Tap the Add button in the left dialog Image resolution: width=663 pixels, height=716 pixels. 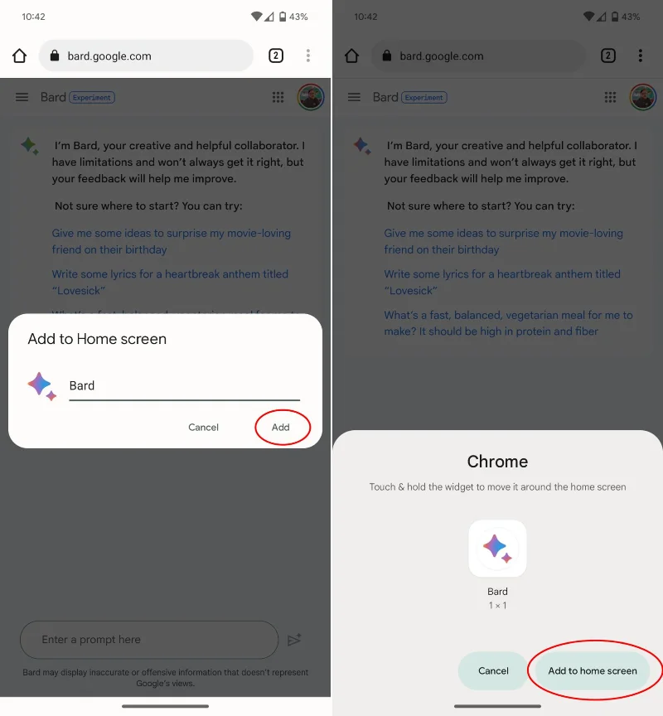click(280, 427)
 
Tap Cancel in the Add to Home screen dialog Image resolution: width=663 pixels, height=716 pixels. click(203, 427)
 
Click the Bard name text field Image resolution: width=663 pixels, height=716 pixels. click(185, 386)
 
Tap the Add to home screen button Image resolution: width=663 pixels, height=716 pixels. click(593, 670)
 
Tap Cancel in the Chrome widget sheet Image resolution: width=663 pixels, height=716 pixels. click(493, 670)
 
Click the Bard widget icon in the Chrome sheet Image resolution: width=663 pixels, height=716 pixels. click(497, 549)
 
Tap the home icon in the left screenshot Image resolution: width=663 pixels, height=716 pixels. click(19, 56)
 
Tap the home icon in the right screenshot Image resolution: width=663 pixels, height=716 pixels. click(351, 56)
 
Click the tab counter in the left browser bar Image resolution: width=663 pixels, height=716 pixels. click(276, 56)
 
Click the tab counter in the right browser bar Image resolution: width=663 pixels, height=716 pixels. click(607, 56)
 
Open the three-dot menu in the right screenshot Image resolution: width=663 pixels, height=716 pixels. click(640, 56)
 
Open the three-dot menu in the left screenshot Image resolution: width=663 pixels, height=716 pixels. click(308, 56)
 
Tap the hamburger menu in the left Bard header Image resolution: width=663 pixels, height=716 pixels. click(22, 97)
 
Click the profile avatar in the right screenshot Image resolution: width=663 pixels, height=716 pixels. click(643, 97)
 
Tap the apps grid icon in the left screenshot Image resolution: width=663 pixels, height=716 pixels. click(278, 97)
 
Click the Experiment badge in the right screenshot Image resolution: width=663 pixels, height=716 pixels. click(424, 97)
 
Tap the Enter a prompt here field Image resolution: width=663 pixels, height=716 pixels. click(149, 639)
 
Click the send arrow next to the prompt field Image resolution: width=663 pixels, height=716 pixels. click(294, 639)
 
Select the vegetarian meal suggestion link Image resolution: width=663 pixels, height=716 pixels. click(508, 323)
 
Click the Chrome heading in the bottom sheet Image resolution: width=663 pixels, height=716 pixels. click(497, 462)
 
